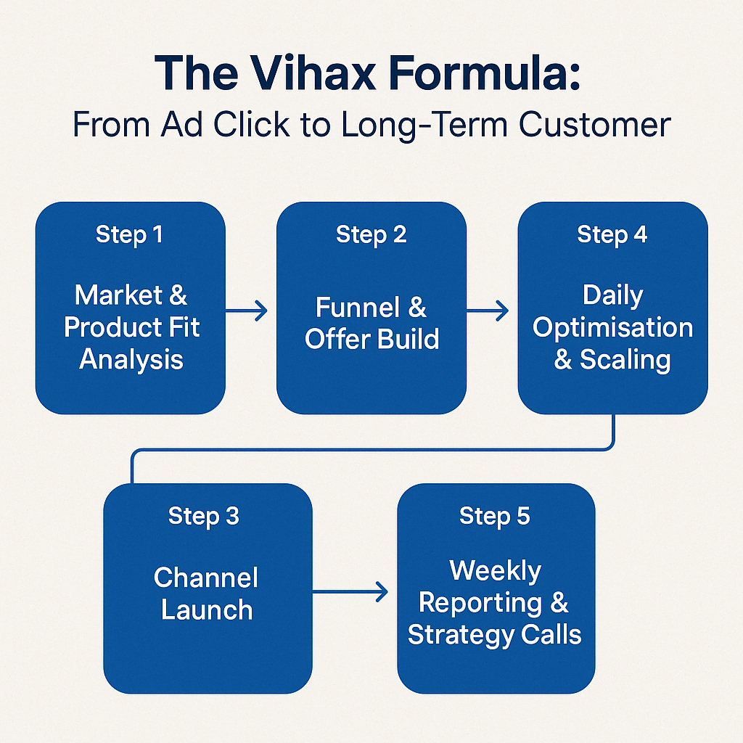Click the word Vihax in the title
(x=313, y=73)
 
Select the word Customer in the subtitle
(x=595, y=125)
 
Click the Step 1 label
(x=129, y=234)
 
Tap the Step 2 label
(x=371, y=234)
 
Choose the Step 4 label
(x=612, y=234)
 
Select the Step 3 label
(x=204, y=516)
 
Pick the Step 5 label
(x=495, y=516)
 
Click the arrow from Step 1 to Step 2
(x=247, y=311)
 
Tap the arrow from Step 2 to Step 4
(x=488, y=311)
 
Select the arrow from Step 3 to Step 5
(x=350, y=591)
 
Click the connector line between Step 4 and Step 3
(x=372, y=449)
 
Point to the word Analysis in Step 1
(x=131, y=359)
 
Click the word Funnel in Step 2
(x=357, y=307)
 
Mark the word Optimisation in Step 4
(x=612, y=327)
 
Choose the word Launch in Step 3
(x=207, y=609)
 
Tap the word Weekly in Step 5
(x=495, y=570)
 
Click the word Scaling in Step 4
(x=625, y=360)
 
